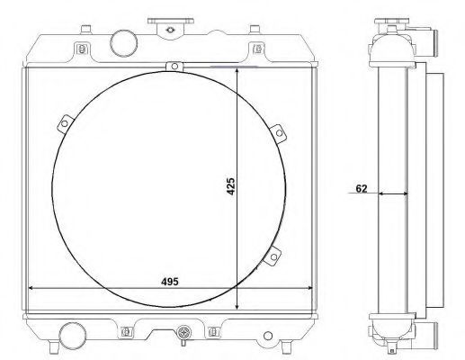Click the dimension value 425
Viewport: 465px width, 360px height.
pyautogui.click(x=231, y=186)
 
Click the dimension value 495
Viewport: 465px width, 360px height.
pyautogui.click(x=170, y=282)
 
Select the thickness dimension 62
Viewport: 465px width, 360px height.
pyautogui.click(x=362, y=188)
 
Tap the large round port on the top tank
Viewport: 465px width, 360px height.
pyautogui.click(x=124, y=43)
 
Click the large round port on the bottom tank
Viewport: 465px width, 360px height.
pyautogui.click(x=72, y=336)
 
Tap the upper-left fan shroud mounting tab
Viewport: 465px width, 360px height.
pyautogui.click(x=66, y=123)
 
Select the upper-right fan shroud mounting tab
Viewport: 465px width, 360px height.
pyautogui.click(x=278, y=133)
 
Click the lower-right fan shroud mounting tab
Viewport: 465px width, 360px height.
pyautogui.click(x=273, y=256)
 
